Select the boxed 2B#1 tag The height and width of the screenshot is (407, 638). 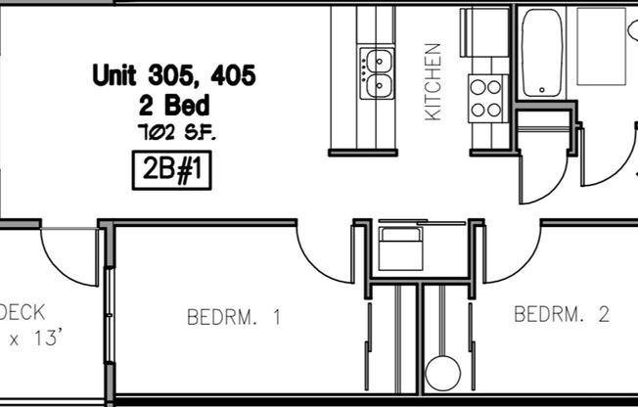171,170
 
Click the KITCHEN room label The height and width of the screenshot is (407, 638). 433,82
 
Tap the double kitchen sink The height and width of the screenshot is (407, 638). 376,74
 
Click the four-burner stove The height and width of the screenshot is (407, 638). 486,98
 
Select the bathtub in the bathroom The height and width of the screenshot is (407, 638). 544,53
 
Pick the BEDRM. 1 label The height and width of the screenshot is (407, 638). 234,317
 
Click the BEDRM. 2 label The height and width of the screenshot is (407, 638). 562,314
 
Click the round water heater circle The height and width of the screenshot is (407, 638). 444,373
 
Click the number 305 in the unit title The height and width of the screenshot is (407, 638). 170,73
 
